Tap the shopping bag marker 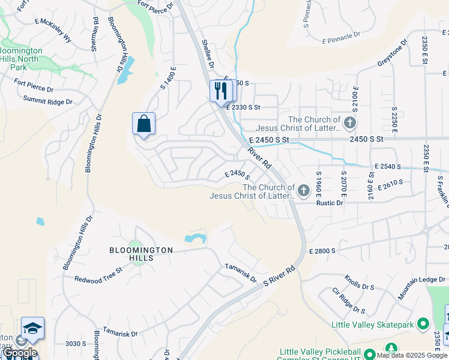(x=143, y=124)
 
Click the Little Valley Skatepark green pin (x=424, y=325)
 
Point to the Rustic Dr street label (x=330, y=203)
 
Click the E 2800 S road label (x=321, y=250)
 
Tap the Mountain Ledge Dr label (x=423, y=287)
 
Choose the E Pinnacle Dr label (x=340, y=41)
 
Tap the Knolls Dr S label (x=359, y=282)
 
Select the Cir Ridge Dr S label (x=349, y=301)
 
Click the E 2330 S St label (x=243, y=107)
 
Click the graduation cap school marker (x=32, y=328)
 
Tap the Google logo (x=19, y=353)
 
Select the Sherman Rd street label (x=95, y=34)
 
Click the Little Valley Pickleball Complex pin (x=370, y=354)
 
